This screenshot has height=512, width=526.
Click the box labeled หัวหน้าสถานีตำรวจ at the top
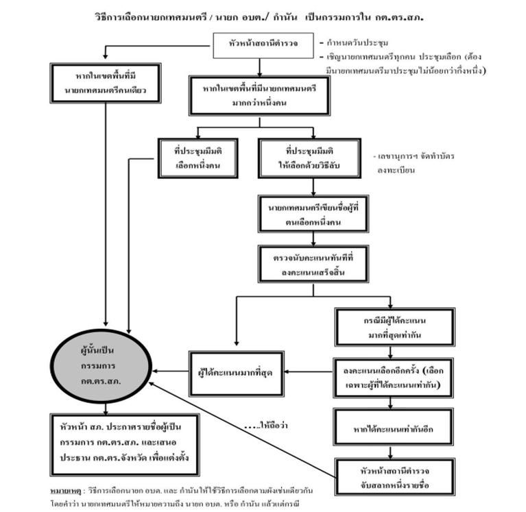(x=263, y=46)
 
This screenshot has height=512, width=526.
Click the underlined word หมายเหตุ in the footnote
(x=65, y=491)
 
